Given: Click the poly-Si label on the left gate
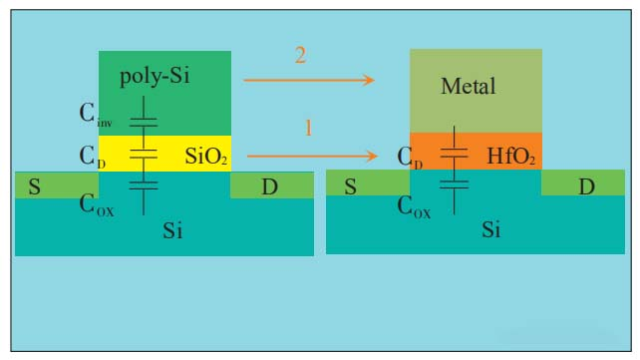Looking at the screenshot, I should pyautogui.click(x=155, y=78).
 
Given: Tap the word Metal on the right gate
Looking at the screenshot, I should pyautogui.click(x=468, y=87).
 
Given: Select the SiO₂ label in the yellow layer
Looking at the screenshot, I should pyautogui.click(x=207, y=156).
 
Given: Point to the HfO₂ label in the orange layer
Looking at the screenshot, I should pyautogui.click(x=512, y=156).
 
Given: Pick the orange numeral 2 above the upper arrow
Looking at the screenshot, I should pyautogui.click(x=300, y=56).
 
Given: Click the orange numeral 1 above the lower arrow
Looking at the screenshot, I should pyautogui.click(x=308, y=130).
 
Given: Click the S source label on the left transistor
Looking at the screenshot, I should pyautogui.click(x=34, y=186).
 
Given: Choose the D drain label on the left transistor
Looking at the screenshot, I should pyautogui.click(x=270, y=186).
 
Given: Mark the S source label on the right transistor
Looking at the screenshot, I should pyautogui.click(x=349, y=186).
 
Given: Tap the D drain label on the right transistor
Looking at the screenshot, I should pyautogui.click(x=587, y=186).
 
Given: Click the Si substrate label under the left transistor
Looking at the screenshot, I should pyautogui.click(x=172, y=231).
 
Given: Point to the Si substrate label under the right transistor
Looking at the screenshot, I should pyautogui.click(x=490, y=231).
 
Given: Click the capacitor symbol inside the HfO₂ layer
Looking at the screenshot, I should pyautogui.click(x=455, y=153).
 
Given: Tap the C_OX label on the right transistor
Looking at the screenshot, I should pyautogui.click(x=414, y=209).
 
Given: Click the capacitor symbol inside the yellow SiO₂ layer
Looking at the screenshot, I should pyautogui.click(x=145, y=154).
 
